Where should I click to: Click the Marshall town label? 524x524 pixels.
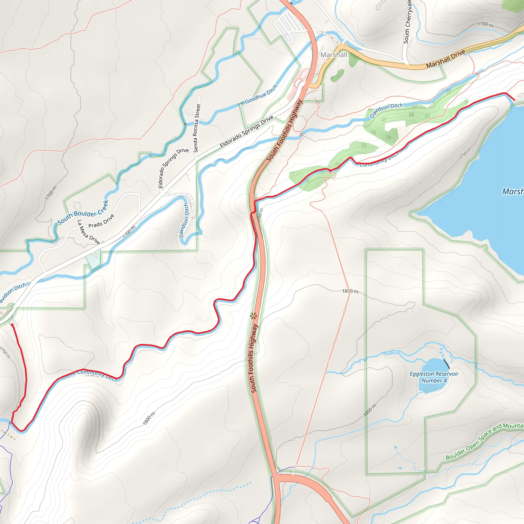coord(334,55)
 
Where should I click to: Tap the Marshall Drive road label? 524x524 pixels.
coord(446,59)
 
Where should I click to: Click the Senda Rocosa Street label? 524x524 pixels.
coord(197,128)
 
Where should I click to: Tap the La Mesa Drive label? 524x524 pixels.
coord(89,232)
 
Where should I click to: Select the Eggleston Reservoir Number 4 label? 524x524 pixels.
coord(434,377)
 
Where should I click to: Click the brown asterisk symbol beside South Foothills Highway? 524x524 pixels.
coord(253,316)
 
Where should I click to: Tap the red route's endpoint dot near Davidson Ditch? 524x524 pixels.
coord(12,325)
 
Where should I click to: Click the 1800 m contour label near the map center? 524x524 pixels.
coord(350,291)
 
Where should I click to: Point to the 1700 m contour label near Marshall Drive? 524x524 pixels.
coord(485,24)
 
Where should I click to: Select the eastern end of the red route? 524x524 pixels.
coord(514,100)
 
